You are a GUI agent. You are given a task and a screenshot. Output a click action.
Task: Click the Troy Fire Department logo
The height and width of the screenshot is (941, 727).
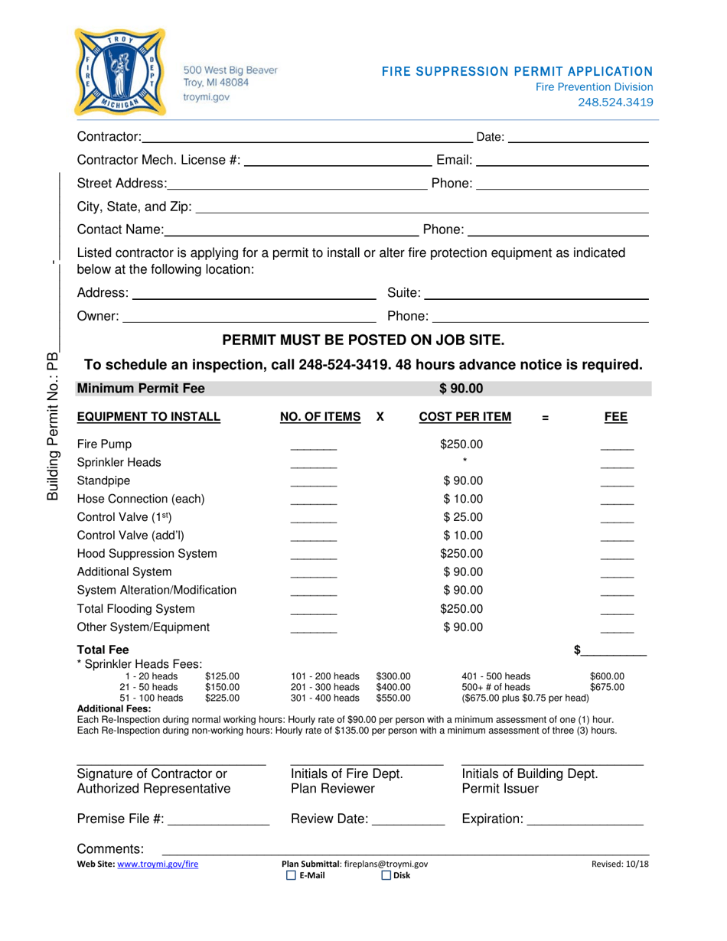(120, 72)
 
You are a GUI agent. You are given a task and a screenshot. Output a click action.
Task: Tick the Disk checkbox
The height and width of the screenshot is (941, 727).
(386, 876)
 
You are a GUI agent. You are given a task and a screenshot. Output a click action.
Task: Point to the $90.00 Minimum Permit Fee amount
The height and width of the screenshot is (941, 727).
(461, 389)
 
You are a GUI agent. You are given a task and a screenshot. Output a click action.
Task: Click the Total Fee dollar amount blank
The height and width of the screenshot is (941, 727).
(617, 652)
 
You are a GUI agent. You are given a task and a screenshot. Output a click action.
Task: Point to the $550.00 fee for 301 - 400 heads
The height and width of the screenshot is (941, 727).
(394, 698)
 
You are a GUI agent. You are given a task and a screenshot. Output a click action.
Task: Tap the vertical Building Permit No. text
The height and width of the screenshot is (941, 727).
(52, 425)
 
